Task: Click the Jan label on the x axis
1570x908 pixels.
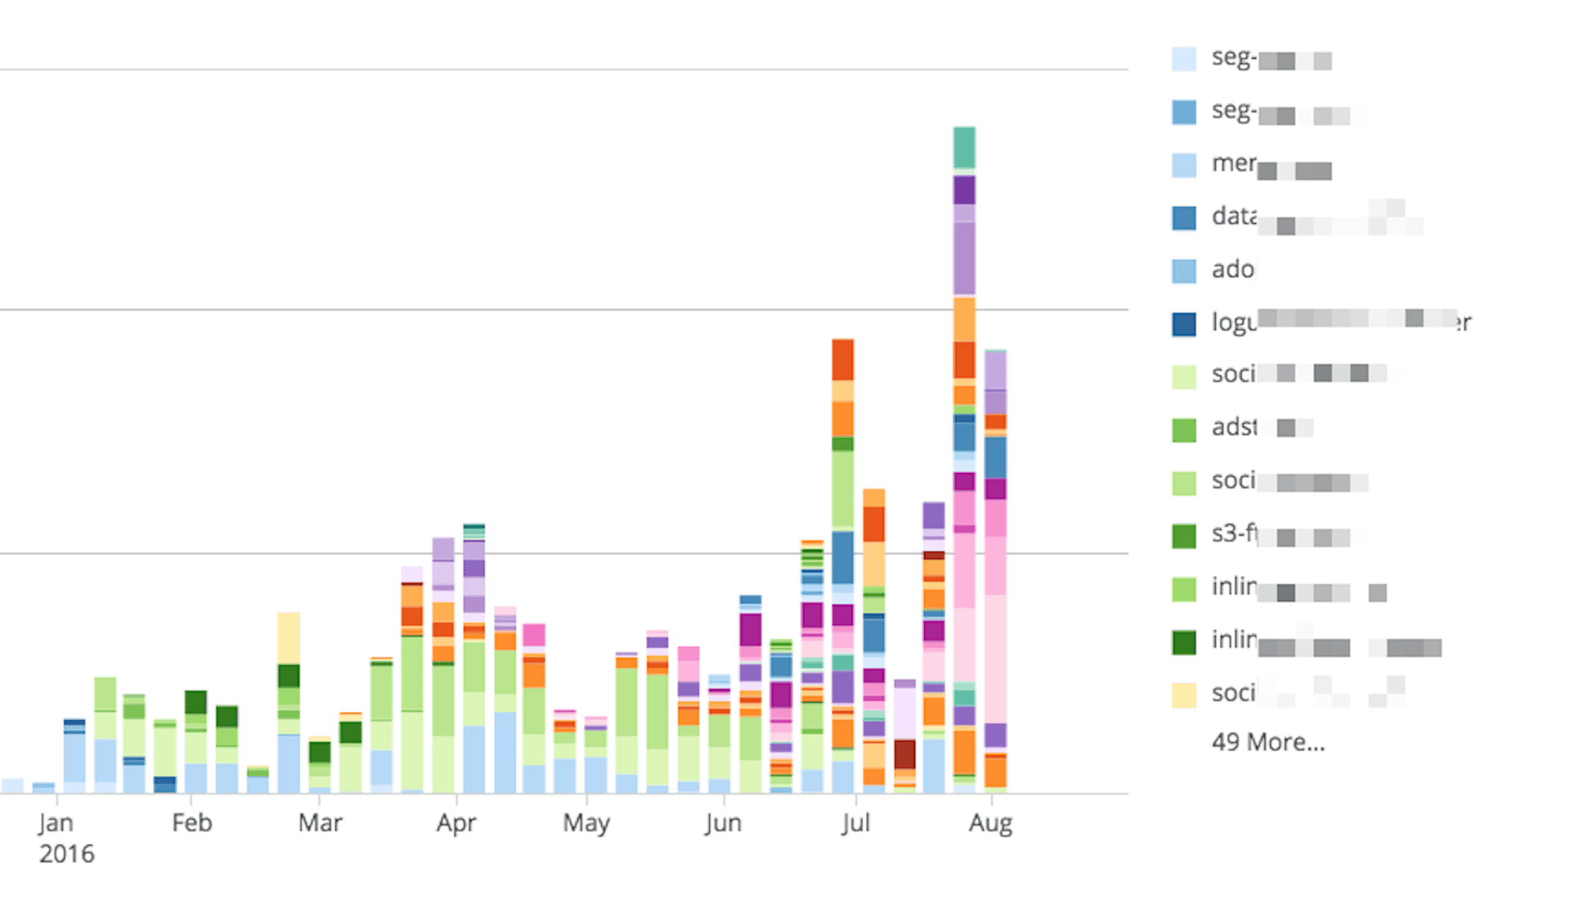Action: [x=56, y=822]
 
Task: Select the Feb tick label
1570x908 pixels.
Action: [x=191, y=822]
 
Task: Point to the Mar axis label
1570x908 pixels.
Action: [x=320, y=822]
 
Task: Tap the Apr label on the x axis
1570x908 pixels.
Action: [x=455, y=822]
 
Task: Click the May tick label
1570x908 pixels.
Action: [x=585, y=823]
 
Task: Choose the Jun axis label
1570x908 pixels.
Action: [x=723, y=822]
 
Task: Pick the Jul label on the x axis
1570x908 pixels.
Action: [x=855, y=822]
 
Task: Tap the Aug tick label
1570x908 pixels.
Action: [x=990, y=823]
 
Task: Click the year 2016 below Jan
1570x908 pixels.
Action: [x=66, y=854]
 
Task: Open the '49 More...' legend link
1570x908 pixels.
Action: [x=1267, y=742]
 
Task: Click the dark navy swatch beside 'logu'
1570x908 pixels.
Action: [x=1183, y=324]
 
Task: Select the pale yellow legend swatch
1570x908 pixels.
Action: [x=1183, y=694]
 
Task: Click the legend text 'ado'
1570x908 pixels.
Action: [x=1232, y=269]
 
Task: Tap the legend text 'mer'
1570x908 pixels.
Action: [x=1233, y=164]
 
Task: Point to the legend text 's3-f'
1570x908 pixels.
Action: [x=1233, y=534]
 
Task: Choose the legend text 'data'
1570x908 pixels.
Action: [x=1234, y=216]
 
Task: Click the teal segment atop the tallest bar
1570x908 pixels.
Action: [x=964, y=148]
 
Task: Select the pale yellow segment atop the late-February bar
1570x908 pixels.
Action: [x=289, y=637]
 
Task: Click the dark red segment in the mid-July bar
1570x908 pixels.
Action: [x=904, y=753]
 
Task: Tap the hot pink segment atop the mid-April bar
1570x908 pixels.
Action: [x=534, y=635]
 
